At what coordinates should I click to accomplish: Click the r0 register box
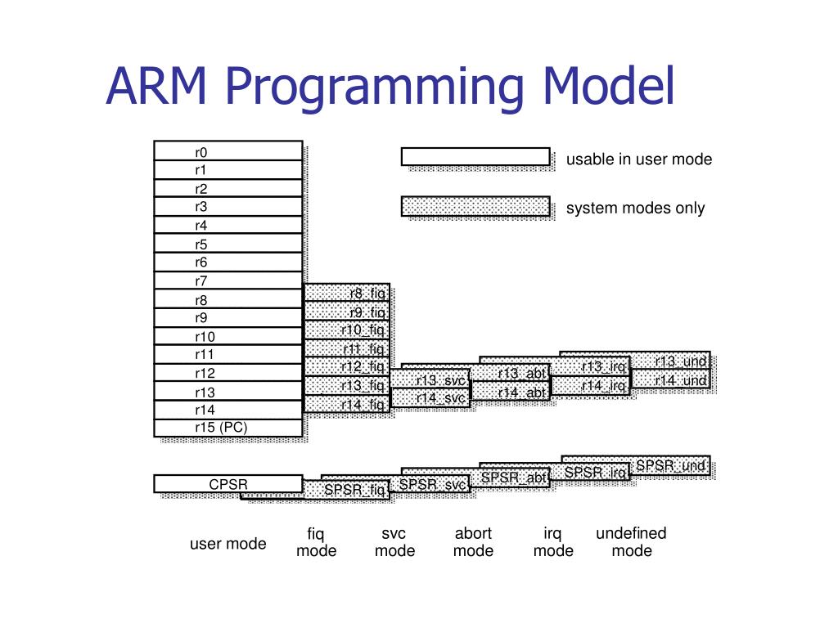click(228, 151)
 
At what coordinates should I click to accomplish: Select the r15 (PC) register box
click(228, 428)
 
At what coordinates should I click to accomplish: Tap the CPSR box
click(228, 484)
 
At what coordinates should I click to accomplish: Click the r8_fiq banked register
click(347, 293)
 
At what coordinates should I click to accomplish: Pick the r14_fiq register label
click(347, 404)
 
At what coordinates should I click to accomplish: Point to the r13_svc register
click(429, 380)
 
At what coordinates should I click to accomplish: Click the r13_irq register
click(591, 366)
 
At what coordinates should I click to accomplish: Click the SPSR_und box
click(669, 466)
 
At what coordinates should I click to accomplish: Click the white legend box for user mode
click(475, 156)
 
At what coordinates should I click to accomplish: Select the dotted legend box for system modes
click(475, 206)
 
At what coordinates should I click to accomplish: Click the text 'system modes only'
click(635, 208)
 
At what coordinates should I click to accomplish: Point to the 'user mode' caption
click(228, 544)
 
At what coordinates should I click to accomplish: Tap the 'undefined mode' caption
click(631, 542)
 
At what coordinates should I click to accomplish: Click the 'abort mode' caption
click(473, 542)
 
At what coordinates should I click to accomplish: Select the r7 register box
click(228, 280)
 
